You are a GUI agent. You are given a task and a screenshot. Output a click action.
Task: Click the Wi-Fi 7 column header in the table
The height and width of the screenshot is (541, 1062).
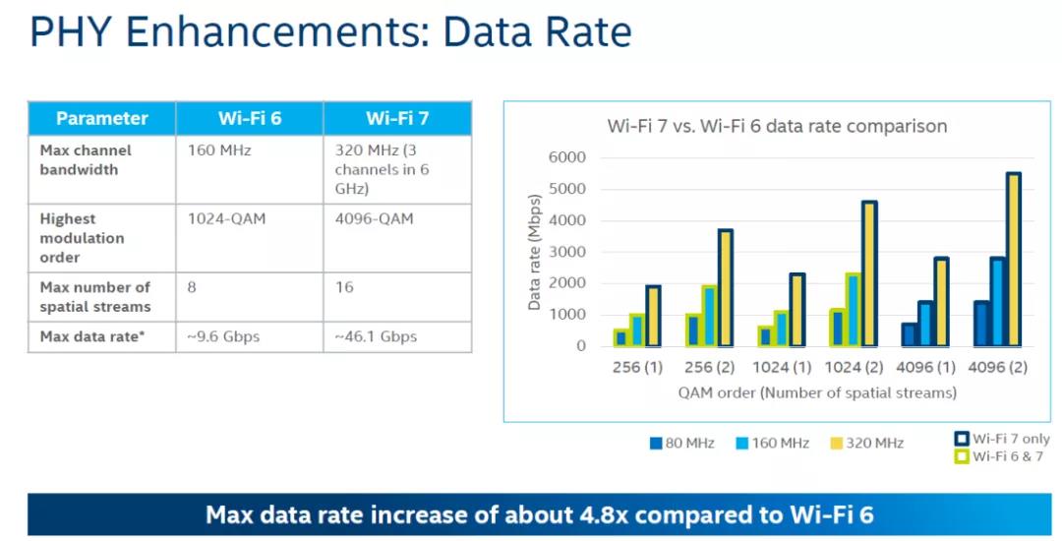point(397,118)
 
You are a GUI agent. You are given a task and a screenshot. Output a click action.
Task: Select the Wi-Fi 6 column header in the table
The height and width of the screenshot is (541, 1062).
point(250,118)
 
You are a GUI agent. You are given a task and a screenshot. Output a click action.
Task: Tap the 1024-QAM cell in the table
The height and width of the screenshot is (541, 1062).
point(225,218)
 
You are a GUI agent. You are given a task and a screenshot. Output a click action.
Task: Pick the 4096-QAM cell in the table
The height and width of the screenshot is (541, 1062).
point(375,218)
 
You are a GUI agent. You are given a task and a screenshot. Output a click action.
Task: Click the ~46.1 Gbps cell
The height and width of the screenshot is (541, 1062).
point(375,336)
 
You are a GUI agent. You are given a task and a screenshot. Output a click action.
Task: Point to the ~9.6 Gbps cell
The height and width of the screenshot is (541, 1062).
point(224,336)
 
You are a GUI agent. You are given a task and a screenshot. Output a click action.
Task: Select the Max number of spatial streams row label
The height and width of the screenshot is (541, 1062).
point(94,297)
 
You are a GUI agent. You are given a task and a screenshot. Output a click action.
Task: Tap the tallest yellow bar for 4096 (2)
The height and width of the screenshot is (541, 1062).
point(1013,260)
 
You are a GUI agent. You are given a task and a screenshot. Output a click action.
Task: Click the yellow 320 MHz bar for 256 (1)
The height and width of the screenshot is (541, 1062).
point(653,316)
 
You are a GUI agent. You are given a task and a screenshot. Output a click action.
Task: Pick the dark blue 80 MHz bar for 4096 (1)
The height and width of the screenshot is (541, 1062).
point(910,334)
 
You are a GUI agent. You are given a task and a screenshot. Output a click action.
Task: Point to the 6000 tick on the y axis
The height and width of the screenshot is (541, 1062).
point(566,157)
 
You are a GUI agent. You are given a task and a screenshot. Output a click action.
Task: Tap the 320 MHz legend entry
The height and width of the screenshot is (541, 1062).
point(868,443)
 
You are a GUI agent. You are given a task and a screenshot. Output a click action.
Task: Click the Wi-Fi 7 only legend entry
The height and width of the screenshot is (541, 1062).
point(1001,439)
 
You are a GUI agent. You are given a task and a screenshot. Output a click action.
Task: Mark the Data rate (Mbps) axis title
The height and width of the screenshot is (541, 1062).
point(535,252)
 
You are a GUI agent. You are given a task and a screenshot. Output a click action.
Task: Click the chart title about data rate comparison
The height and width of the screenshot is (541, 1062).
point(777,126)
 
